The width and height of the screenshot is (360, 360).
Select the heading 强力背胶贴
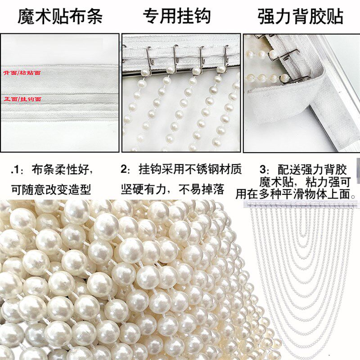click(x=301, y=17)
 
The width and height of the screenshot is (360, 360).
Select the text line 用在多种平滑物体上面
click(x=296, y=195)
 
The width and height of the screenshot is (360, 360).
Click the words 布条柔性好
click(x=63, y=170)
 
